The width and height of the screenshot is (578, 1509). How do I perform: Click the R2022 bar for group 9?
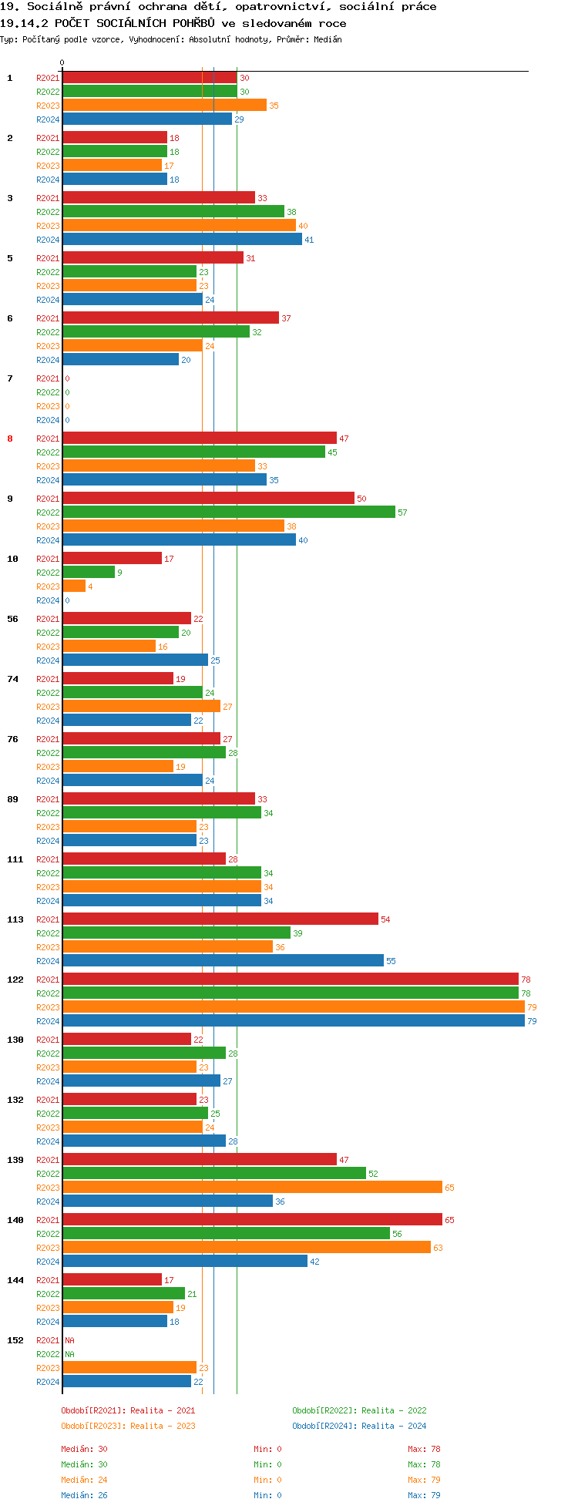[x=228, y=513]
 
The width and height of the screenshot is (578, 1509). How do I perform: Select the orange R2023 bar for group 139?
[x=252, y=1188]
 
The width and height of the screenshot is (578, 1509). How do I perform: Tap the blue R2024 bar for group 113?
[x=223, y=961]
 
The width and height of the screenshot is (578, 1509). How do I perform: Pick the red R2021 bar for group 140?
[x=252, y=1220]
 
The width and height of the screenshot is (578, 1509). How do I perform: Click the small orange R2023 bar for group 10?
[x=74, y=586]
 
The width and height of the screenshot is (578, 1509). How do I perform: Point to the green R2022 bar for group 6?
[x=156, y=332]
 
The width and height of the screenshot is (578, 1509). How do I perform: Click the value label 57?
[x=402, y=513]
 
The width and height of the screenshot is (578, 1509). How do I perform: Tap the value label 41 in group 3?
[x=309, y=240]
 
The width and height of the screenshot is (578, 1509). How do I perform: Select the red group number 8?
[x=10, y=439]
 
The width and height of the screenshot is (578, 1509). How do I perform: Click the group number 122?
[x=15, y=980]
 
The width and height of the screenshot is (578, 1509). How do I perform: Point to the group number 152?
[x=15, y=1340]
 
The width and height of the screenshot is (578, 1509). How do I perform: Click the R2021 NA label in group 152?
[x=69, y=1340]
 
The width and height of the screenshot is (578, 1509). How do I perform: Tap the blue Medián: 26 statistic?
[x=84, y=1495]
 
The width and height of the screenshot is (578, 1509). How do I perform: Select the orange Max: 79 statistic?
[x=424, y=1480]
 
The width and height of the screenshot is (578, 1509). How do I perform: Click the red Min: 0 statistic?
[x=267, y=1449]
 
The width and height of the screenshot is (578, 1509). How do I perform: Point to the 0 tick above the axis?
[x=62, y=63]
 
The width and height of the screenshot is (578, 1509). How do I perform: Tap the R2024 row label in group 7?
[x=48, y=420]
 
